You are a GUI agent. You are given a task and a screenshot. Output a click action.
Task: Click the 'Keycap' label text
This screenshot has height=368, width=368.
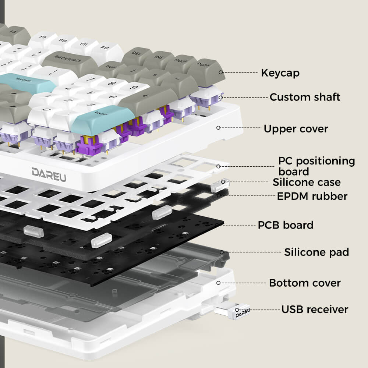tap(280, 73)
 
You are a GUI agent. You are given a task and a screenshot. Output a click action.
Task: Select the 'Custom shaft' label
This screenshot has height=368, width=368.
tap(305, 97)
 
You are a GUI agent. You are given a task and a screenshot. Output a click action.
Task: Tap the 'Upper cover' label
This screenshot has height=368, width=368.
tap(296, 129)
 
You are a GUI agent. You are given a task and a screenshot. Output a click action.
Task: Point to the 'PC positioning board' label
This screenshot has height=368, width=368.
tap(316, 166)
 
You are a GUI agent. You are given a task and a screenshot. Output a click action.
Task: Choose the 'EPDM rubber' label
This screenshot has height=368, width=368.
tap(312, 196)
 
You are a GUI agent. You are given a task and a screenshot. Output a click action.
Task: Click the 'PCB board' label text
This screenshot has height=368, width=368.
tap(285, 225)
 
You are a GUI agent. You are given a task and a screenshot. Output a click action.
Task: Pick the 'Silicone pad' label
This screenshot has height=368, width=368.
tap(316, 252)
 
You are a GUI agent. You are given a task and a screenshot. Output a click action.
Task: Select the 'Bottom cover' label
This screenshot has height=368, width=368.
tap(305, 283)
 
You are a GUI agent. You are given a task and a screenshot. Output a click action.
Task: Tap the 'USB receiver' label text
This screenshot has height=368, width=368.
tap(315, 309)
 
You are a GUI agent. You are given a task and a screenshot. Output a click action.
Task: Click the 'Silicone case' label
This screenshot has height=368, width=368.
tap(306, 182)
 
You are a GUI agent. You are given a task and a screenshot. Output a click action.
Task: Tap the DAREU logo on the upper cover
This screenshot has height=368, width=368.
tap(49, 172)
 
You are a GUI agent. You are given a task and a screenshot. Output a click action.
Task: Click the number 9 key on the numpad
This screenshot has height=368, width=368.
tap(135, 88)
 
